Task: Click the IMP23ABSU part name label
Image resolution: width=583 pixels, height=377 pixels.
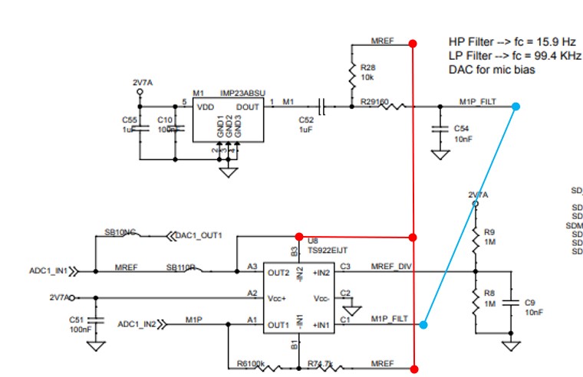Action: click(242, 92)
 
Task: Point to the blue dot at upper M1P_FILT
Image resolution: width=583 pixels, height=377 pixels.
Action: click(516, 107)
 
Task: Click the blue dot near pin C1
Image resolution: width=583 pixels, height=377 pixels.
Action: click(423, 325)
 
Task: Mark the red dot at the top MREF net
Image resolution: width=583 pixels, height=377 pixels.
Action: click(413, 43)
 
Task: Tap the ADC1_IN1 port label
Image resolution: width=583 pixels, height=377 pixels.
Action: click(48, 270)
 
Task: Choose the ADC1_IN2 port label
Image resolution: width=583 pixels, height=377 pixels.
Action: click(137, 324)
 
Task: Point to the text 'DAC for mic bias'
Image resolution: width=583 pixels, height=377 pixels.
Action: click(491, 70)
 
